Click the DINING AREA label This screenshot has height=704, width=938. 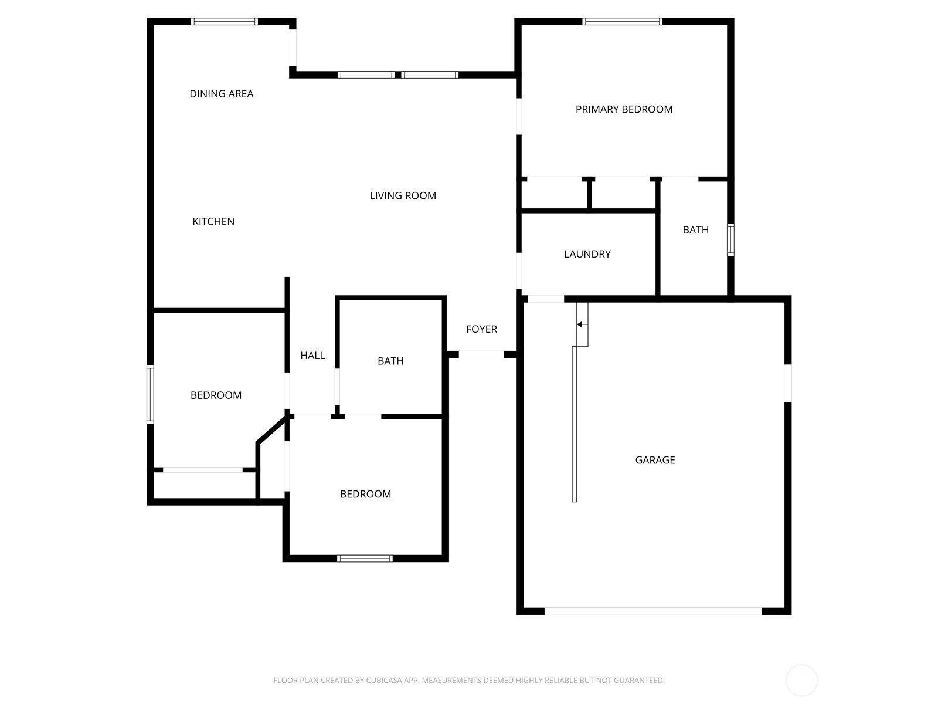(222, 94)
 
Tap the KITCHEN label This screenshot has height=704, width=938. (213, 221)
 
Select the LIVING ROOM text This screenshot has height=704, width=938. (403, 196)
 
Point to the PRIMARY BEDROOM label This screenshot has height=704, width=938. (624, 110)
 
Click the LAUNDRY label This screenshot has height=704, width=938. (587, 254)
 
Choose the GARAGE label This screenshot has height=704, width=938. (655, 460)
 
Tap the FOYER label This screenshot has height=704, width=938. (481, 329)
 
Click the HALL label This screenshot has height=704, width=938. (312, 355)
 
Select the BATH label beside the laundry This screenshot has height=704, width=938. (696, 230)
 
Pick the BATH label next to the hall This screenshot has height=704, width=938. (390, 361)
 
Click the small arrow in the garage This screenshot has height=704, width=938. (579, 324)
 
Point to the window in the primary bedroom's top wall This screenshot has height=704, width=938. (622, 21)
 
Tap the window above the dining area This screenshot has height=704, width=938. (225, 21)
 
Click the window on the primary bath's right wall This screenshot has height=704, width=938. (730, 240)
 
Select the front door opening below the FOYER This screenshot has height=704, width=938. (481, 354)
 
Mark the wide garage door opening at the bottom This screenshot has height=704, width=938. (652, 611)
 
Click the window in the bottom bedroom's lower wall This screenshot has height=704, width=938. (365, 559)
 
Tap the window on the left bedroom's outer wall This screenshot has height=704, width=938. (151, 394)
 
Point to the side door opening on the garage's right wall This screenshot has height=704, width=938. (788, 383)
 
